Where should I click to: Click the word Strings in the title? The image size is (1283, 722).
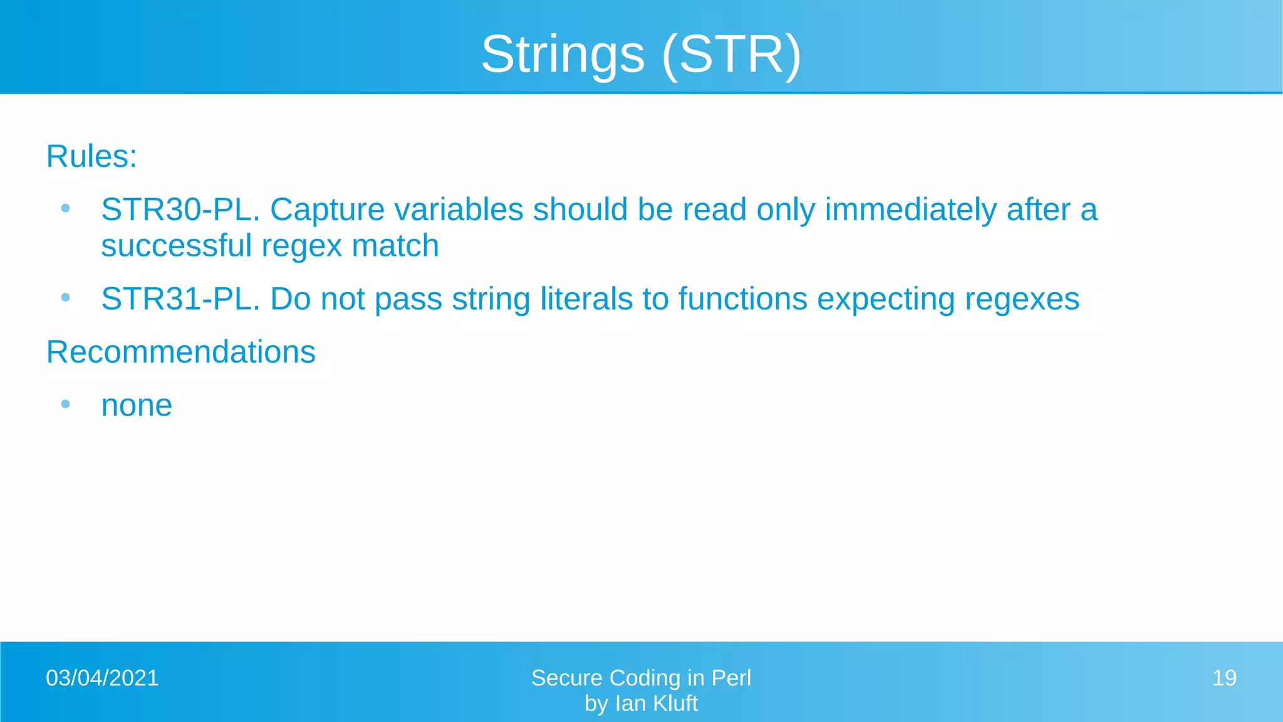pyautogui.click(x=563, y=55)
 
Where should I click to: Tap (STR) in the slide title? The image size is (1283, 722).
pyautogui.click(x=731, y=55)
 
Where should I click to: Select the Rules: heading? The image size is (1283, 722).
pyautogui.click(x=91, y=156)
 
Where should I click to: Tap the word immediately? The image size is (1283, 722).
pyautogui.click(x=910, y=209)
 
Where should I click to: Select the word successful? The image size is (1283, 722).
pyautogui.click(x=176, y=246)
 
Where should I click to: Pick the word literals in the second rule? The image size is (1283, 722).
pyautogui.click(x=586, y=299)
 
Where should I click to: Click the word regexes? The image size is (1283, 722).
pyautogui.click(x=1022, y=299)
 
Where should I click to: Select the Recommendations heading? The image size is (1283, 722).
pyautogui.click(x=180, y=352)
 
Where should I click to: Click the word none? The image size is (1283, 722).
pyautogui.click(x=137, y=405)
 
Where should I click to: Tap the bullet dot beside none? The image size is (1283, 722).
pyautogui.click(x=65, y=404)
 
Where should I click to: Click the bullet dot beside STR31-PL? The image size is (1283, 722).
pyautogui.click(x=65, y=298)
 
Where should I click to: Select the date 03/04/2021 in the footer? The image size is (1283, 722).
pyautogui.click(x=102, y=678)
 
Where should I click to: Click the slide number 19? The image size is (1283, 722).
pyautogui.click(x=1224, y=678)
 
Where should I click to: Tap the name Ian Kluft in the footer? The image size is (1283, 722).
pyautogui.click(x=656, y=704)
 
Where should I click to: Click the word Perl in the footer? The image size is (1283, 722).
pyautogui.click(x=731, y=678)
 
